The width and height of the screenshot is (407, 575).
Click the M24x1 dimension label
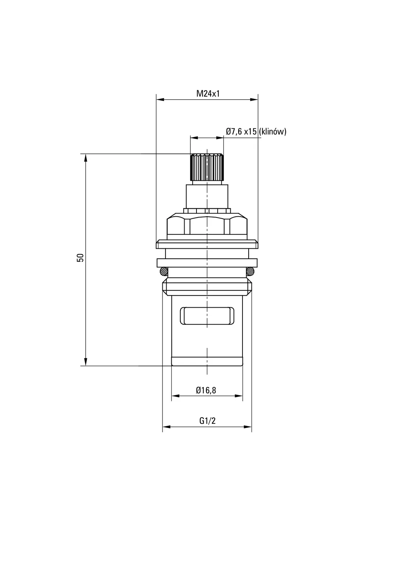click(x=208, y=94)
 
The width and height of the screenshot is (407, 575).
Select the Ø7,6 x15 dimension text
click(x=241, y=132)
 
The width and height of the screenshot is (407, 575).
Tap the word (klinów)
click(x=273, y=132)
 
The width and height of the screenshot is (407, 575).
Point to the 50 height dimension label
click(x=81, y=257)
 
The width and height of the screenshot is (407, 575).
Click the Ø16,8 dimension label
click(x=206, y=390)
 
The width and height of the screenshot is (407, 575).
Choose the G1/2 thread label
click(x=208, y=421)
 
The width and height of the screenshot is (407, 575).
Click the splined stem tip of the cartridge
click(x=207, y=167)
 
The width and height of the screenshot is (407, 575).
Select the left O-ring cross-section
click(x=164, y=271)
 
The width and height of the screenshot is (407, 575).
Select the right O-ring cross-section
click(x=250, y=271)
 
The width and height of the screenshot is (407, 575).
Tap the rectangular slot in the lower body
click(x=207, y=316)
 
